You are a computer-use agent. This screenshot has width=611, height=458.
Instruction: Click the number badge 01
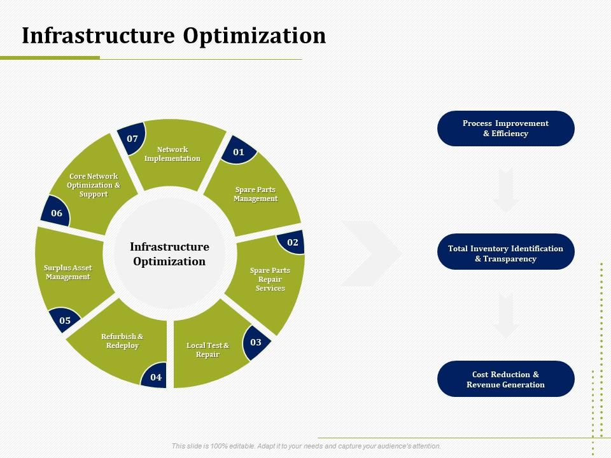pos(239,151)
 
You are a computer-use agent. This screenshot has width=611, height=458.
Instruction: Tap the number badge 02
pos(292,242)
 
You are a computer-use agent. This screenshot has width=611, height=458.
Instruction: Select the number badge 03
pos(256,342)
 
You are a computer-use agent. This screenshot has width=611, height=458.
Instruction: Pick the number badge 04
pos(155,377)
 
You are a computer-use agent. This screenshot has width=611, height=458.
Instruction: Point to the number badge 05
pos(65,320)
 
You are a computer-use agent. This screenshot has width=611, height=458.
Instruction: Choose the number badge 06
pos(56,212)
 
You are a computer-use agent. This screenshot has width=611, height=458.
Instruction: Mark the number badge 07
pos(132,138)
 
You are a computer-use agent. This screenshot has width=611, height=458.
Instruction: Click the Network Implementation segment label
pos(172,154)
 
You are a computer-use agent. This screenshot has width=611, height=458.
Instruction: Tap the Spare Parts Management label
pos(256,194)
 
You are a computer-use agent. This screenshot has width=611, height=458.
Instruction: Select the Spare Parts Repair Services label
pos(270,279)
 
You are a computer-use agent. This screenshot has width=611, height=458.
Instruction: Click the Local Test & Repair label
pos(207,350)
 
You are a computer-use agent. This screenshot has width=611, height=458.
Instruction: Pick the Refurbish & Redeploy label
pos(122,341)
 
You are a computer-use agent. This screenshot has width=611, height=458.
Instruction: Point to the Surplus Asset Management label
pos(68,272)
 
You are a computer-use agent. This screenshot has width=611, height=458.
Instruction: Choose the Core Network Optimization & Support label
pos(94,185)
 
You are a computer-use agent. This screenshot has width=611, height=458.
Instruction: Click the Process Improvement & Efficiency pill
pos(506,128)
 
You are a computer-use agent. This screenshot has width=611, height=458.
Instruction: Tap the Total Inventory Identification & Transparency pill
pos(506,252)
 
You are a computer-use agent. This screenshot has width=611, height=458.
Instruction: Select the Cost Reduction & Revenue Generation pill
pos(506,379)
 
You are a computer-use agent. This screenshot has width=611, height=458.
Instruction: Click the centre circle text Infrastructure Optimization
pos(169,254)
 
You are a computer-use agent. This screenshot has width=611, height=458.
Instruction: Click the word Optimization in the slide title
pos(255,36)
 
